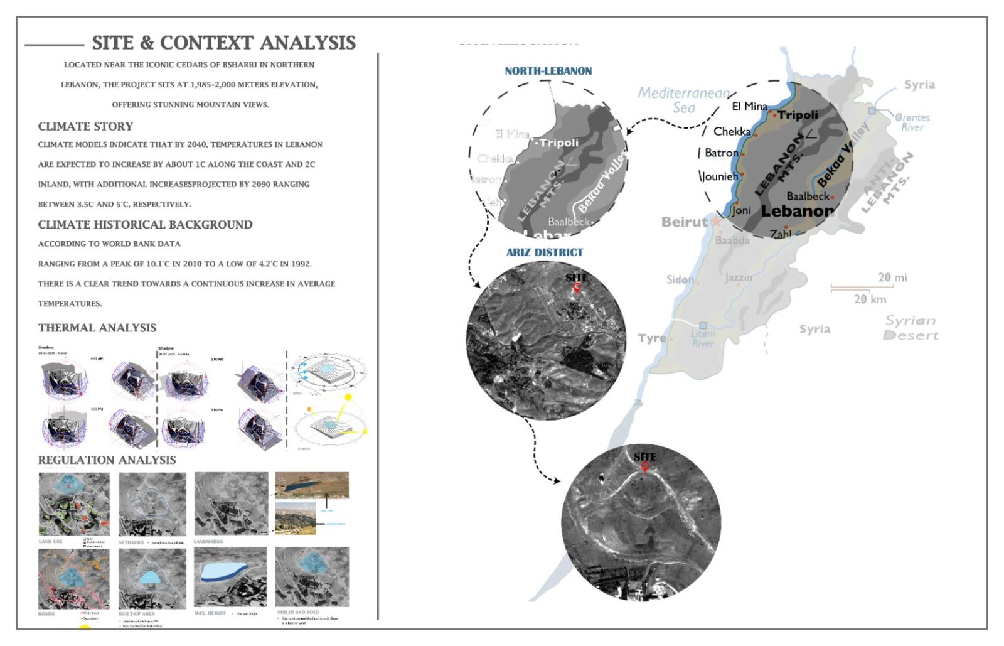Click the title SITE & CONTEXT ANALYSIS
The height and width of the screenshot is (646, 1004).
point(223,43)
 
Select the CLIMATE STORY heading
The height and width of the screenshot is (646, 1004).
point(85,126)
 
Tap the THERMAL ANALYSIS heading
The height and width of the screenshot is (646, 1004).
point(97,328)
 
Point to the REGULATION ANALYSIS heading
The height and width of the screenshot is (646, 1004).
point(107,460)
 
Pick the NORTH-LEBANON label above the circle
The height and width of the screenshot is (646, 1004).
point(548,71)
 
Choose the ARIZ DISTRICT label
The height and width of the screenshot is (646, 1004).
point(545,252)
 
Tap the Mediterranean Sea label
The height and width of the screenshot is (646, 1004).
point(683,100)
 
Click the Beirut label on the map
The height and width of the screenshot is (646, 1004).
point(684,222)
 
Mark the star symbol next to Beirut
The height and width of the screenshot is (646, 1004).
point(715,222)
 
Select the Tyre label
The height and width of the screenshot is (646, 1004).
point(651,338)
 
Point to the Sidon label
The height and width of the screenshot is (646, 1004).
point(680,279)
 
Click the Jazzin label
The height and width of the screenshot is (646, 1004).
point(739,277)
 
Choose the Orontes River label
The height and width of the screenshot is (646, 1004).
point(912,122)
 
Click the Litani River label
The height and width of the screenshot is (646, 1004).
point(703,338)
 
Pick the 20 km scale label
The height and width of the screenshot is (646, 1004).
point(870,299)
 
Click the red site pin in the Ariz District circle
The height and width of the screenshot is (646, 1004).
point(577,288)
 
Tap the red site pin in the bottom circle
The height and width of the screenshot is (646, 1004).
point(644,467)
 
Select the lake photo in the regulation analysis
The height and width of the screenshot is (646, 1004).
point(312,485)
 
